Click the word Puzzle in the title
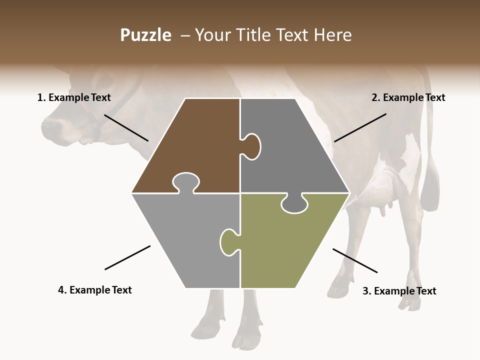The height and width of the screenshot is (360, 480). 145,35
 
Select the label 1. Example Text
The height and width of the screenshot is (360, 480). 74,97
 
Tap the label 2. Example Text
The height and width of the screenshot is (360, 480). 408,97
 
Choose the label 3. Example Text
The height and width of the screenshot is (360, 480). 399,291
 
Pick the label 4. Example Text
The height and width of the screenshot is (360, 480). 94,290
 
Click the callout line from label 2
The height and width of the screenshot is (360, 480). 360,127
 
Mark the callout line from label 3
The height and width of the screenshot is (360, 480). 355,260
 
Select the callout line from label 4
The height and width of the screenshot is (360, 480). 127,257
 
